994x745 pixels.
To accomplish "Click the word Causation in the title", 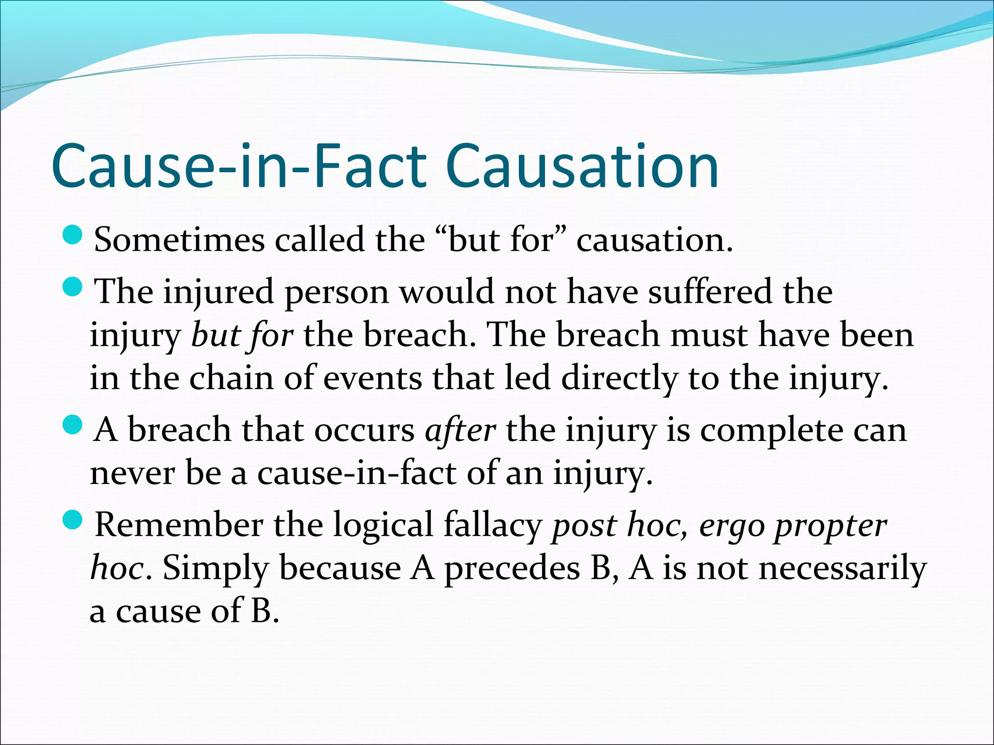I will [582, 166].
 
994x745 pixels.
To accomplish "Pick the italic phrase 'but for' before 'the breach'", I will [242, 336].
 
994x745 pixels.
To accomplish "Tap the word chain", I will [231, 378].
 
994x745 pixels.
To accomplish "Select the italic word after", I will [460, 430].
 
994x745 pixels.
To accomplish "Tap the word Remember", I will [178, 525].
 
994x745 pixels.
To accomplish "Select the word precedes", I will [512, 568].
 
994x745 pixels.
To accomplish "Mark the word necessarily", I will [843, 568].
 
